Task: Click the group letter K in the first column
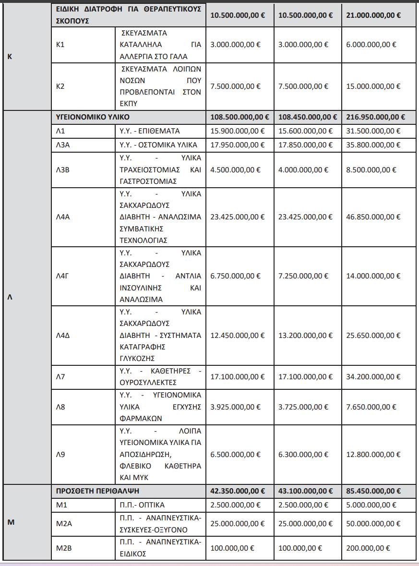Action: (10, 56)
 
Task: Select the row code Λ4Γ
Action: (63, 276)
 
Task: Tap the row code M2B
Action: (64, 548)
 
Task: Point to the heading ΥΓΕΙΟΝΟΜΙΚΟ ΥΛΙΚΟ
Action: (93, 117)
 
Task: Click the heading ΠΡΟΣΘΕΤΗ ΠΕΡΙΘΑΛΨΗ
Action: (97, 491)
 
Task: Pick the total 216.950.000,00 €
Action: (375, 117)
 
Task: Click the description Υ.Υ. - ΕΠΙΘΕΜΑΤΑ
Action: (149, 131)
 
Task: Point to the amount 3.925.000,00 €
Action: (235, 407)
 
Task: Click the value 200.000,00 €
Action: (368, 548)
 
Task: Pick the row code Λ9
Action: (60, 454)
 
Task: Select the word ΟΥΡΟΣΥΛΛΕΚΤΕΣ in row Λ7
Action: (148, 383)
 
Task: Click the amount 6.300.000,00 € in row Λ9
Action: (303, 454)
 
